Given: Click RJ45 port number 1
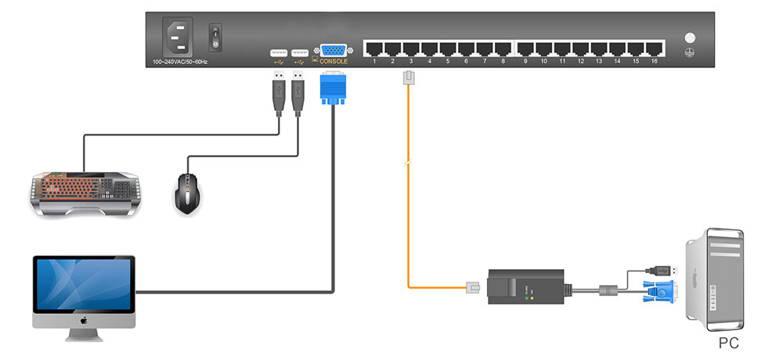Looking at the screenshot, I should point(374,48).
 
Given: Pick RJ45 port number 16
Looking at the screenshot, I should point(655,48).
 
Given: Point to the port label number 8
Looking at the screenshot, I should point(503,61).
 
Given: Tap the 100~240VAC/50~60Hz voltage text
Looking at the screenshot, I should point(180,61).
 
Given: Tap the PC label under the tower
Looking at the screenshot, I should point(728,343).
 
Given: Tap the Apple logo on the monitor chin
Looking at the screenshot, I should point(84,322).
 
